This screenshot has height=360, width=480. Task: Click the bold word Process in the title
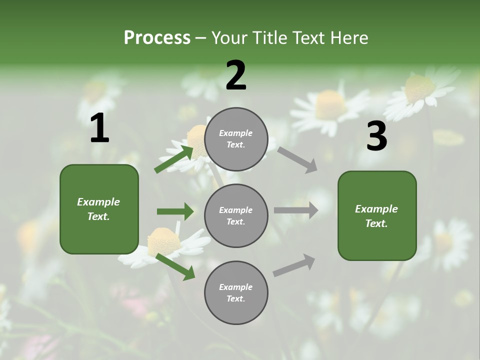[157, 37]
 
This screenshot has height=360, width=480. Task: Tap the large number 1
[99, 128]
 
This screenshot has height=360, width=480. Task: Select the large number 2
[236, 75]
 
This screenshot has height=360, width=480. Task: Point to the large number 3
[376, 137]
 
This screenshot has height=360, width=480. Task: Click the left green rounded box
[99, 209]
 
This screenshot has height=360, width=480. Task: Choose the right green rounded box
[377, 216]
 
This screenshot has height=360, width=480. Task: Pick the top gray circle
[236, 139]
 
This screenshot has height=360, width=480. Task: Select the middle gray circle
[236, 216]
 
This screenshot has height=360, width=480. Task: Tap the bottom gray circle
[236, 293]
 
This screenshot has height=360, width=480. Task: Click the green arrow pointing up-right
[174, 158]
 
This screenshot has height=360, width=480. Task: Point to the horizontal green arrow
[175, 211]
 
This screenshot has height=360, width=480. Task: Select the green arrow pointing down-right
[175, 266]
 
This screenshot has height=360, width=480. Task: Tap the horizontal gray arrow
[295, 210]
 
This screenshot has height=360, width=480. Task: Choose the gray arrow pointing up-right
[294, 265]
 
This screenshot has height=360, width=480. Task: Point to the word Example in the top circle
[236, 133]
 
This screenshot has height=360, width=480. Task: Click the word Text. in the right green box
[376, 223]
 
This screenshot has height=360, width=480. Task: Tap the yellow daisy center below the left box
[163, 241]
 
